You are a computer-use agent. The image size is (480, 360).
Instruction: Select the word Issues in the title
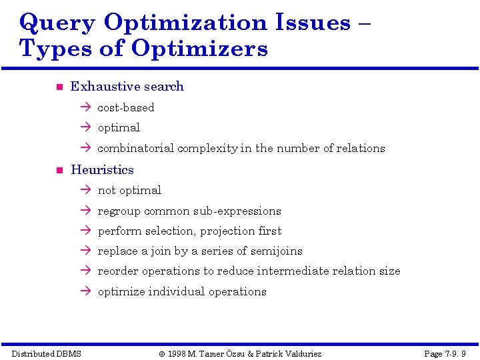point(313,23)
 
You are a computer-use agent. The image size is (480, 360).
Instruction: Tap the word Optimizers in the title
point(200,49)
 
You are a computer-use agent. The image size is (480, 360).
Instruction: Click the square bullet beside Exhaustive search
point(59,87)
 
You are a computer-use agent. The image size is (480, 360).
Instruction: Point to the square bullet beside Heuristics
point(59,171)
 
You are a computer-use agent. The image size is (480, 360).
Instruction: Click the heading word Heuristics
point(102,170)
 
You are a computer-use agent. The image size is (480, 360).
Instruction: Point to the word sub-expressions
point(237,211)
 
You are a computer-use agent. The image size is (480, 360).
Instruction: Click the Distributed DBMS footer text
point(47,353)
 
